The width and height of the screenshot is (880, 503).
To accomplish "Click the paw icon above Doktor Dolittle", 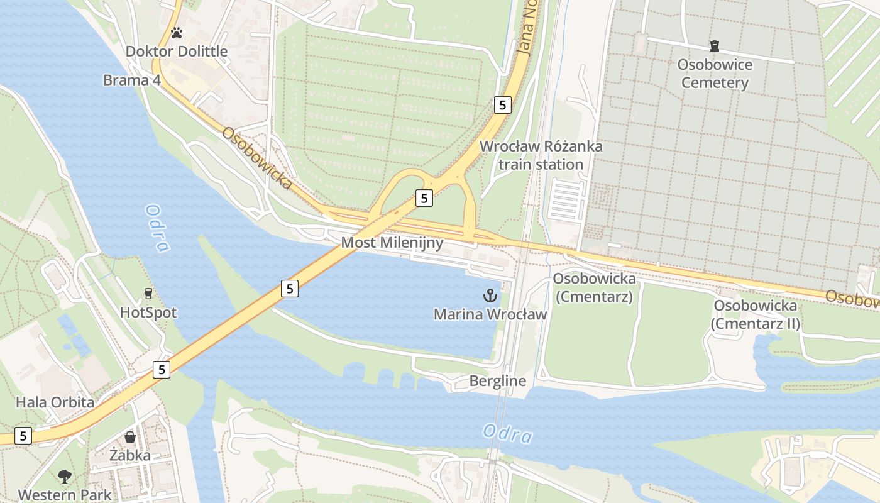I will [177, 33].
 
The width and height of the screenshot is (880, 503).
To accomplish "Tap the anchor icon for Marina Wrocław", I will [490, 295].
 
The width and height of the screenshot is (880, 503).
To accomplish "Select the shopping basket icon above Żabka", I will [130, 436].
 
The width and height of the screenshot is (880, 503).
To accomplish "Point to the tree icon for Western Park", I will [64, 477].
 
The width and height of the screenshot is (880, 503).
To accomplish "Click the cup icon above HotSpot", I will [148, 294].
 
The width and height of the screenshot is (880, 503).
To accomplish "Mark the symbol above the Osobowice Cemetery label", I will [714, 46].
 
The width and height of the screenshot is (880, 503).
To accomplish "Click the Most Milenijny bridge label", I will [392, 243].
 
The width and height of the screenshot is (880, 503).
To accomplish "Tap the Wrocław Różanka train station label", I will [541, 155].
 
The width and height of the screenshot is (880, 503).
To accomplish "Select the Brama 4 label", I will [132, 80].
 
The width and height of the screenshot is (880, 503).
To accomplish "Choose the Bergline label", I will [497, 381].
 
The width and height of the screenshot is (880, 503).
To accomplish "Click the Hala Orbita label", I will [55, 402].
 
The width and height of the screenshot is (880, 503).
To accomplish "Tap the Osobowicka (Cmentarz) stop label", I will [594, 287].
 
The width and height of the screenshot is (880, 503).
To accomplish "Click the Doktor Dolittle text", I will [177, 52].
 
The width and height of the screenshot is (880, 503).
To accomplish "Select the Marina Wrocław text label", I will [490, 314].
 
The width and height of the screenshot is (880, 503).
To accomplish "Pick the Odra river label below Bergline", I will [508, 434].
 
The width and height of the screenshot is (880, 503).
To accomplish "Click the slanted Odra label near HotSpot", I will [157, 228].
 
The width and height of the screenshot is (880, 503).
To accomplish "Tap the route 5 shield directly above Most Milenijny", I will [424, 199].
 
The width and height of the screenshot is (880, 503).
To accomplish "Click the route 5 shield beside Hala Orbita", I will [162, 370].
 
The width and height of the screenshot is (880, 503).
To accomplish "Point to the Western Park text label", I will [64, 495].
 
